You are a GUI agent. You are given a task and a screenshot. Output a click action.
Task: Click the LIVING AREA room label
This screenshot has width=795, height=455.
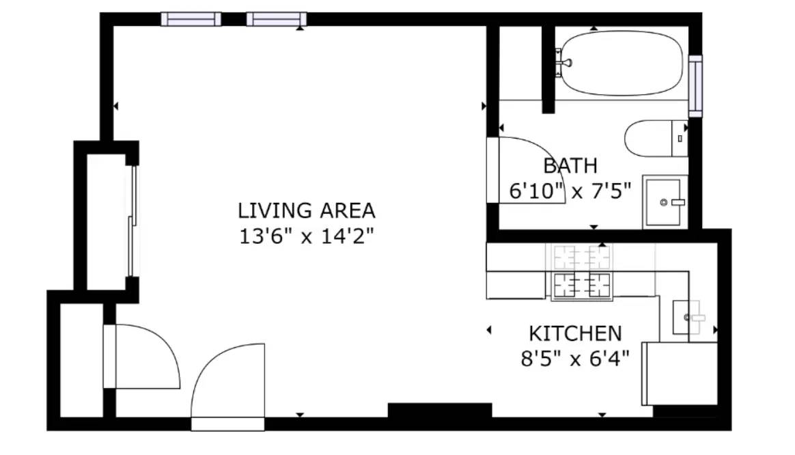pyautogui.click(x=306, y=210)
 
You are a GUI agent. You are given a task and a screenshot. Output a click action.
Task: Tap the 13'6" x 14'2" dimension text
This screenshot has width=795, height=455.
pyautogui.click(x=306, y=236)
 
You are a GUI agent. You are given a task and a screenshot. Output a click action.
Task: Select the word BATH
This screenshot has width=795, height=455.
pyautogui.click(x=570, y=166)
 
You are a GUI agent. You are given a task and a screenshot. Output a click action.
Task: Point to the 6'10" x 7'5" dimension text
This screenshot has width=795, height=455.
pyautogui.click(x=570, y=191)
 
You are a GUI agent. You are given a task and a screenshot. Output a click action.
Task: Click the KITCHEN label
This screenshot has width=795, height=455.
pyautogui.click(x=575, y=334)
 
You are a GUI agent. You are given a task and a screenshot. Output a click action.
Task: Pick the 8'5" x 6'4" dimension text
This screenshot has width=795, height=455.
pyautogui.click(x=575, y=359)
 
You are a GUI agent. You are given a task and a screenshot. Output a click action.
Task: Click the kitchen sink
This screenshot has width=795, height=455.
pyautogui.click(x=687, y=318)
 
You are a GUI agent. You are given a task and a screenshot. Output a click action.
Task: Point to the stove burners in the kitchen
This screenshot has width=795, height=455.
pyautogui.click(x=581, y=271)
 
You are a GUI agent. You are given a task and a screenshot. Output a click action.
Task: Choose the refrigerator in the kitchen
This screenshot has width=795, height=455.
pyautogui.click(x=680, y=374)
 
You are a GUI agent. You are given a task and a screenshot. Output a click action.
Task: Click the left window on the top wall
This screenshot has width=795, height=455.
pyautogui.click(x=191, y=19)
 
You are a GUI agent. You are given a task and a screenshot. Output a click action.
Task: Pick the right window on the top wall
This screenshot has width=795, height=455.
pyautogui.click(x=277, y=19)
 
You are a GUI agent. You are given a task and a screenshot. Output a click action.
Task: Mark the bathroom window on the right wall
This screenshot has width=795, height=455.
pyautogui.click(x=695, y=85)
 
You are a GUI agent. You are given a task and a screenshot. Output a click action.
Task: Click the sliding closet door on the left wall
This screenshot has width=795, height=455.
pyautogui.click(x=132, y=221)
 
